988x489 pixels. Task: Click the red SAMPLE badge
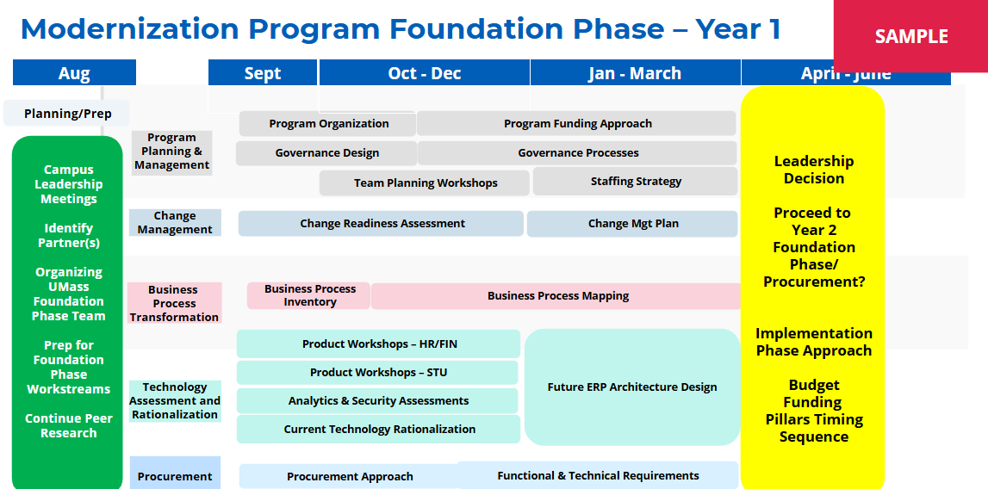tap(910, 36)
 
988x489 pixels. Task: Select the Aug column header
tap(74, 73)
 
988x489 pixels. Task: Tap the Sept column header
tap(263, 73)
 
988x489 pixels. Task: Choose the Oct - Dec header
tap(424, 73)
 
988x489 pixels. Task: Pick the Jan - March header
tap(635, 73)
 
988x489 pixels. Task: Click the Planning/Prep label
tap(67, 114)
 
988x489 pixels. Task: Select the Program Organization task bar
tap(327, 123)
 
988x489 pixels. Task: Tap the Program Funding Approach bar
tap(577, 123)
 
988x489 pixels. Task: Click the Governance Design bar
tap(326, 153)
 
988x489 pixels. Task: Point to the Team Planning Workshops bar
tap(425, 183)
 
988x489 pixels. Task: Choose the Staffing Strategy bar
tap(635, 182)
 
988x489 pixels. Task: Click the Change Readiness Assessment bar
tap(382, 224)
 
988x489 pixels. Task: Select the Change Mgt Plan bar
tap(632, 224)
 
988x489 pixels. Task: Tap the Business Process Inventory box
tap(308, 295)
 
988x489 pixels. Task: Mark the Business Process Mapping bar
tap(557, 296)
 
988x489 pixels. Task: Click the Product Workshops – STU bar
tap(377, 373)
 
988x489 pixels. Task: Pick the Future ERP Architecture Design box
tap(632, 387)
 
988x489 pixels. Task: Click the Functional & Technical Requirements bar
tap(598, 476)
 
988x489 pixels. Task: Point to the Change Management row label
tap(175, 223)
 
